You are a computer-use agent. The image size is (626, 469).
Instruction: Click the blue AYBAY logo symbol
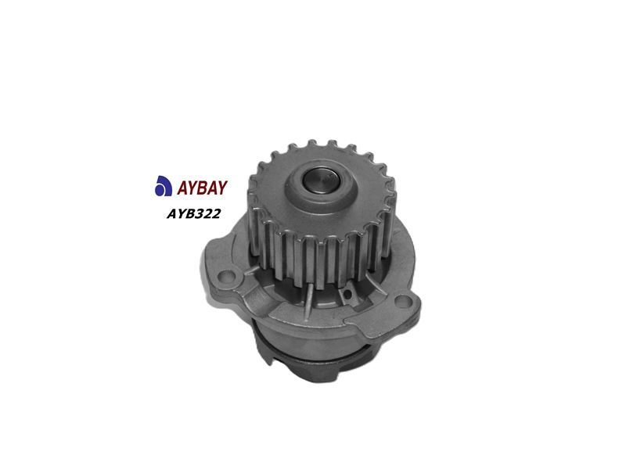pyautogui.click(x=163, y=186)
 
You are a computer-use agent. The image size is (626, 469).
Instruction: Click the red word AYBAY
pyautogui.click(x=202, y=188)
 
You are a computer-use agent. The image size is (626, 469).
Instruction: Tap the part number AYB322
pyautogui.click(x=193, y=213)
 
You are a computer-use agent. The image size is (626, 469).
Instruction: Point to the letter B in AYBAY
pyautogui.click(x=202, y=188)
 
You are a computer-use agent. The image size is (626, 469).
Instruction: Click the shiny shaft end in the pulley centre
pyautogui.click(x=322, y=180)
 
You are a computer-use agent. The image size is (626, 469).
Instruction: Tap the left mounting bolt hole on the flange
pyautogui.click(x=226, y=275)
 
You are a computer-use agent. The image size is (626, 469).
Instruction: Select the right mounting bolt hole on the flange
pyautogui.click(x=403, y=301)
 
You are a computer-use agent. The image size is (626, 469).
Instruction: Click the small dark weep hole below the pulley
pyautogui.click(x=347, y=295)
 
